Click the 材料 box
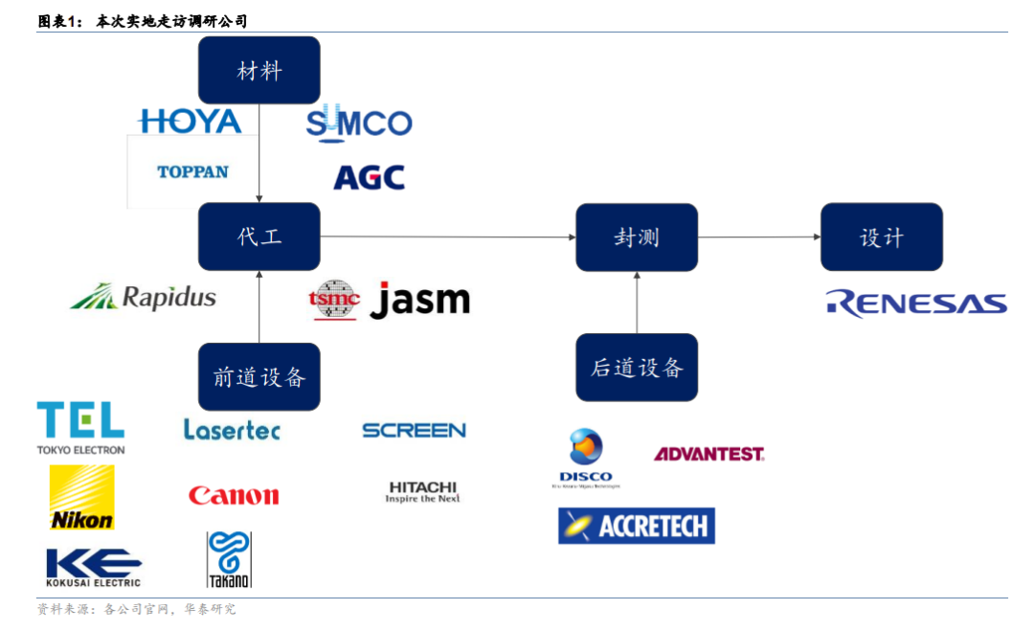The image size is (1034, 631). pyautogui.click(x=258, y=70)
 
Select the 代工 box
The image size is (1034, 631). pyautogui.click(x=258, y=237)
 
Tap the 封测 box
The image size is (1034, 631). pyautogui.click(x=637, y=237)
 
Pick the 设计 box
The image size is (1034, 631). pyautogui.click(x=881, y=237)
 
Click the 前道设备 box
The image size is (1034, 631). pyautogui.click(x=258, y=376)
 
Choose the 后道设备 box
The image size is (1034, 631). pyautogui.click(x=637, y=367)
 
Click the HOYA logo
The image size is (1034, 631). pyautogui.click(x=191, y=122)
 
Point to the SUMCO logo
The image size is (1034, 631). pyautogui.click(x=359, y=122)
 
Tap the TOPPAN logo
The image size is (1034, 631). pyautogui.click(x=192, y=172)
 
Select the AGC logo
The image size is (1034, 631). pyautogui.click(x=369, y=177)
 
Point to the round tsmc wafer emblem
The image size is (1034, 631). pyautogui.click(x=334, y=300)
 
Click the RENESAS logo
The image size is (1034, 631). pyautogui.click(x=916, y=304)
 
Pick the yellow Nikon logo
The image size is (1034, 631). pyautogui.click(x=81, y=497)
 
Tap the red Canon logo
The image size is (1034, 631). pyautogui.click(x=234, y=495)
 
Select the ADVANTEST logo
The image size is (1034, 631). pyautogui.click(x=708, y=454)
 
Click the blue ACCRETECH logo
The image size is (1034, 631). pyautogui.click(x=637, y=526)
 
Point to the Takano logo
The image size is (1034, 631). pyautogui.click(x=229, y=559)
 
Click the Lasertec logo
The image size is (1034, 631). pyautogui.click(x=232, y=430)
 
